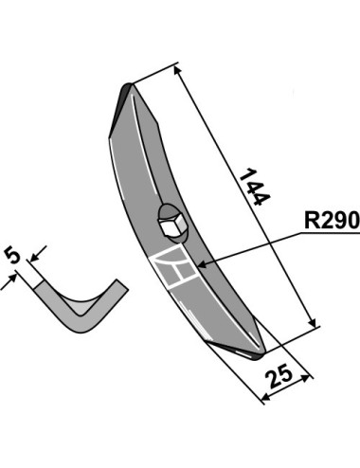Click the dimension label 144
(255, 187)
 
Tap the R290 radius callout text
(332, 220)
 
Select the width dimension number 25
(279, 376)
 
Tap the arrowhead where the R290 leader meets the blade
(202, 263)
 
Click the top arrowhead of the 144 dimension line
(177, 70)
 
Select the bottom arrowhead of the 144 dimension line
(312, 323)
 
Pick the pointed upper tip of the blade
(130, 84)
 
